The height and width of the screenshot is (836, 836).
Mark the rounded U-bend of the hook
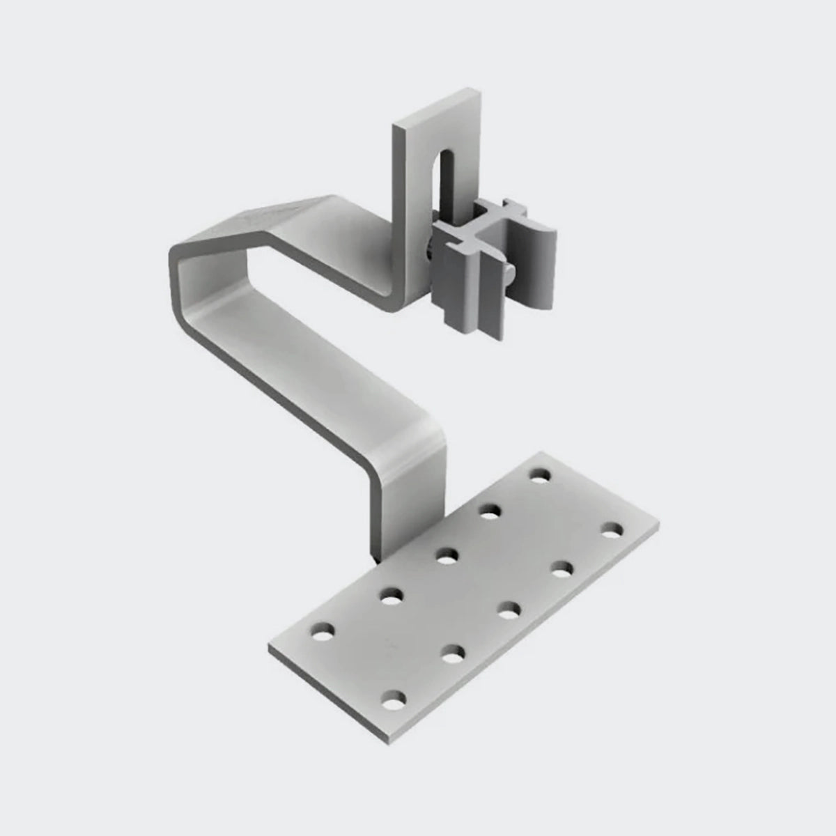(176, 265)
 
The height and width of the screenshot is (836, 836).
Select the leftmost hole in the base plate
(321, 635)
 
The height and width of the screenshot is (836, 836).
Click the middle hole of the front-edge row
(510, 611)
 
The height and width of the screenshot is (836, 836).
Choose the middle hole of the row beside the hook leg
(446, 556)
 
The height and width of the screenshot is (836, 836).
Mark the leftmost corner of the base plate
(269, 649)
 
